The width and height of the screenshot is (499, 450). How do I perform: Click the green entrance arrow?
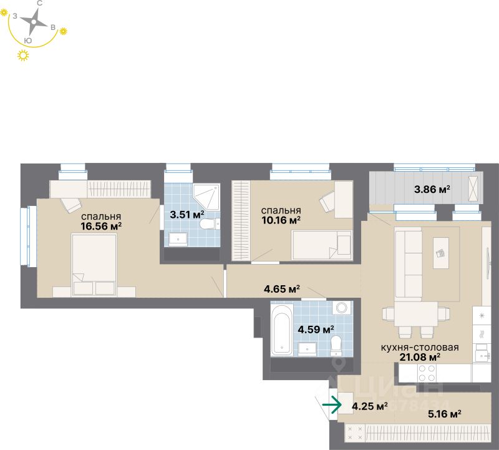point(332,405)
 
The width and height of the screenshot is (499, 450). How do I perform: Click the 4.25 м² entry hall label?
point(370,406)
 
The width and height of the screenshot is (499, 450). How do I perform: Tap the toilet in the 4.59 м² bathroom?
point(337,345)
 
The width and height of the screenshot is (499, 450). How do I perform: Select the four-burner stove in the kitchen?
point(427,373)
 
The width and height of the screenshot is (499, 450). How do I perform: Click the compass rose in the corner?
point(34,24)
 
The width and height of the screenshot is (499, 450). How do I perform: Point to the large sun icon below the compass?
point(24,56)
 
